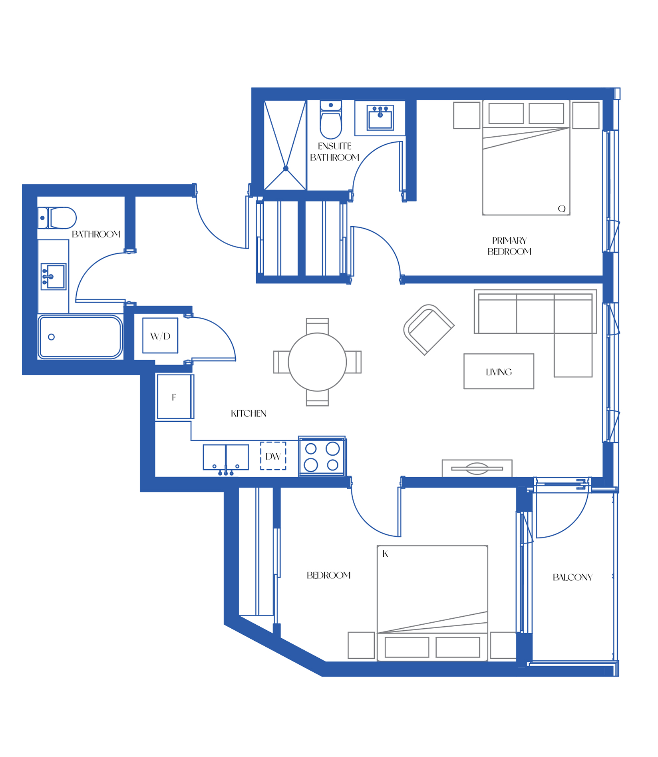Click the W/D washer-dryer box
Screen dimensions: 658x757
160,335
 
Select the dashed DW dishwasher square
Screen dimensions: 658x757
273,456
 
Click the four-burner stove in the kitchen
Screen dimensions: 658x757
322,456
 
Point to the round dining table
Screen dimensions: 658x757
317,362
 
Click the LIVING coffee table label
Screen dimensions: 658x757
499,372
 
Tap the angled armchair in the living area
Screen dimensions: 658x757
429,329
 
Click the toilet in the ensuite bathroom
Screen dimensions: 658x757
331,120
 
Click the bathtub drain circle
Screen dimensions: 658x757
51,337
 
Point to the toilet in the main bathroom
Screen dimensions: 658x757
57,218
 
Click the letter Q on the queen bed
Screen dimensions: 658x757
562,209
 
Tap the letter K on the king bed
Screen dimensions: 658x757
385,554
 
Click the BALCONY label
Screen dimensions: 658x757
573,577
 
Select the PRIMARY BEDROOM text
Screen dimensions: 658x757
509,246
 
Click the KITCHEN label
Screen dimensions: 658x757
248,413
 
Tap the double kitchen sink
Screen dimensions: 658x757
226,458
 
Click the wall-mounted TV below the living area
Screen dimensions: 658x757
477,468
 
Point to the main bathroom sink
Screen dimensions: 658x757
53,277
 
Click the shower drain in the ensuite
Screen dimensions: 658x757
286,169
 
